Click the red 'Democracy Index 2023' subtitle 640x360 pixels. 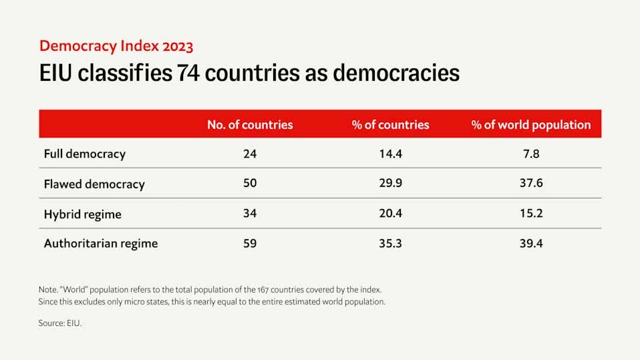click(116, 46)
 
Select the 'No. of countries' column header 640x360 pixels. click(250, 125)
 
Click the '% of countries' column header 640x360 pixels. click(390, 125)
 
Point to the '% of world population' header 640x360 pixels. click(531, 125)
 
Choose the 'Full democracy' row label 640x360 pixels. click(85, 154)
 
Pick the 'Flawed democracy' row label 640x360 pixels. click(94, 184)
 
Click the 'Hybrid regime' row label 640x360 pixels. click(83, 214)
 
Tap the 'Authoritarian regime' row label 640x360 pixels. click(101, 244)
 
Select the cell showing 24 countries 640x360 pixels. click(250, 154)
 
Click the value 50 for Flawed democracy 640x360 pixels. click(250, 184)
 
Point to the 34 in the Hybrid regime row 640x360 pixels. click(250, 214)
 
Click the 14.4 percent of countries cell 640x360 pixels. click(390, 154)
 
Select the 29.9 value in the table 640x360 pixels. click(390, 184)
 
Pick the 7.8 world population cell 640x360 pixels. click(531, 154)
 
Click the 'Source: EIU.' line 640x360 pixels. click(60, 323)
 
